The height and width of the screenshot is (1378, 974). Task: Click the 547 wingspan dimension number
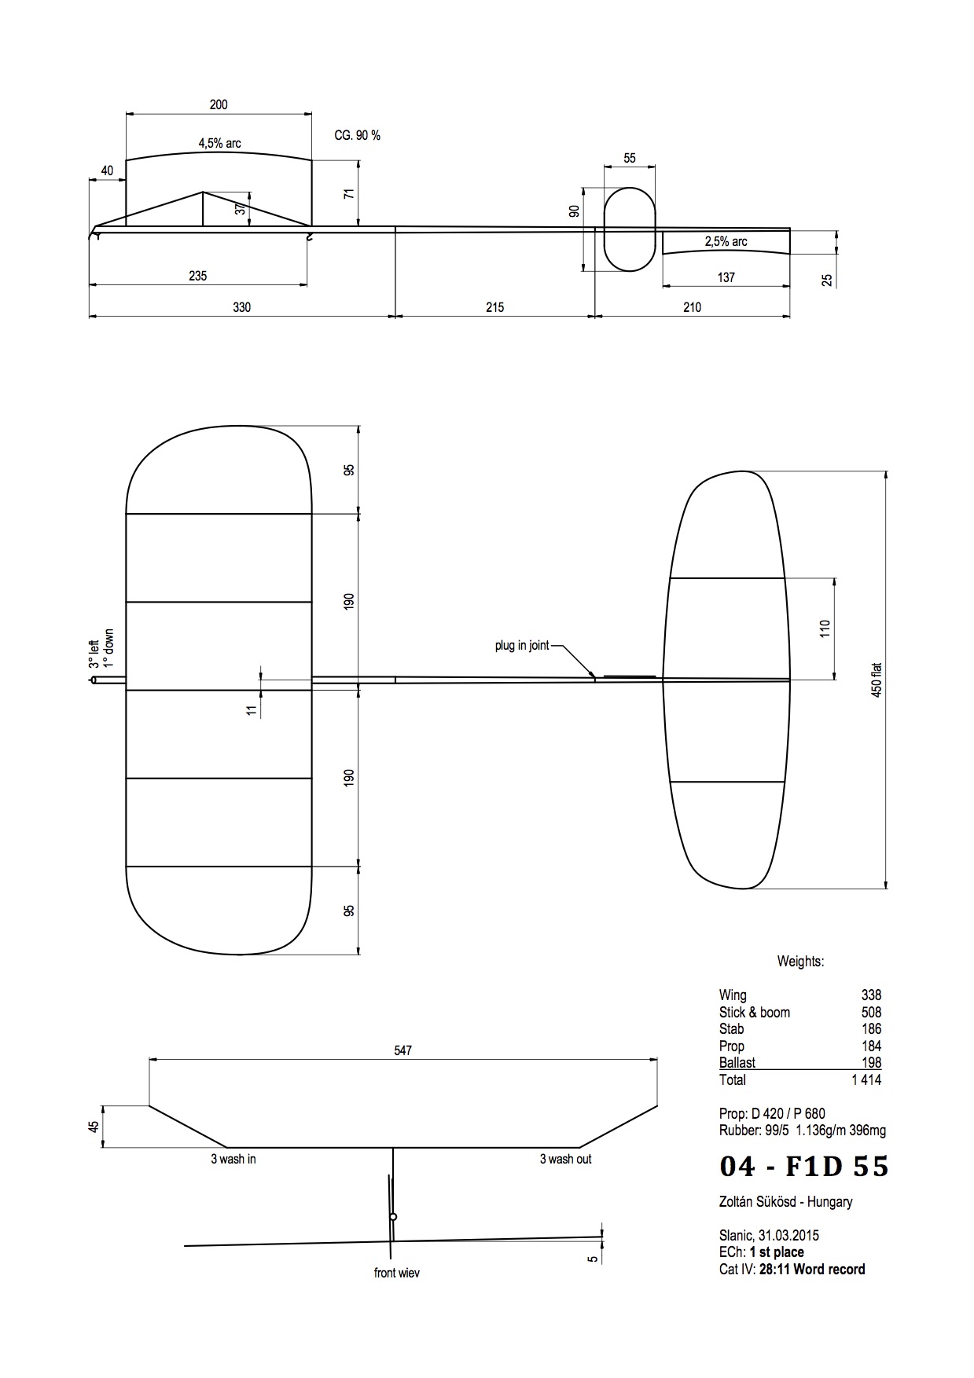click(x=402, y=1050)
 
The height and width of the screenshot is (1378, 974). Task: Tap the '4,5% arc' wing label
click(x=219, y=144)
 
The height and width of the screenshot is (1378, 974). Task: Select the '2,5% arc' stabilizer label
click(x=726, y=242)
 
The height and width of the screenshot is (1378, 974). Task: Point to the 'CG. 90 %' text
click(x=357, y=136)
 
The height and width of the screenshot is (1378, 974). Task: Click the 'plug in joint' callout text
click(x=522, y=646)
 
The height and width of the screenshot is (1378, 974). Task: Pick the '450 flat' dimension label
click(x=877, y=680)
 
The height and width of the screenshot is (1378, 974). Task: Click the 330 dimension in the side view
click(x=241, y=307)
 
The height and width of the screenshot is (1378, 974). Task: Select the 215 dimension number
click(x=494, y=307)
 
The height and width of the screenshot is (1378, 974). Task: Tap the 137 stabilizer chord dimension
click(x=726, y=277)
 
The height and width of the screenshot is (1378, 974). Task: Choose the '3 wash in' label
click(x=233, y=1159)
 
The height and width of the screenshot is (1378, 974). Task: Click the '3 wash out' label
click(x=565, y=1159)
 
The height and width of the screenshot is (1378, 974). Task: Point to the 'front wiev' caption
click(x=396, y=1273)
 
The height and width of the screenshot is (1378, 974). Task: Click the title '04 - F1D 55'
click(x=803, y=1167)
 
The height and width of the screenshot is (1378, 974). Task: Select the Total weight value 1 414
click(x=866, y=1080)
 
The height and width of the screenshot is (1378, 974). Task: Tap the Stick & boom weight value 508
click(x=871, y=1013)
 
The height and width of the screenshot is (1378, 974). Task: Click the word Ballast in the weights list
click(x=737, y=1063)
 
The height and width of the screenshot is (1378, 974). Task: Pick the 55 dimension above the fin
click(x=630, y=158)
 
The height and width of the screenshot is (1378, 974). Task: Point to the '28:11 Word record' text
click(x=812, y=1269)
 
